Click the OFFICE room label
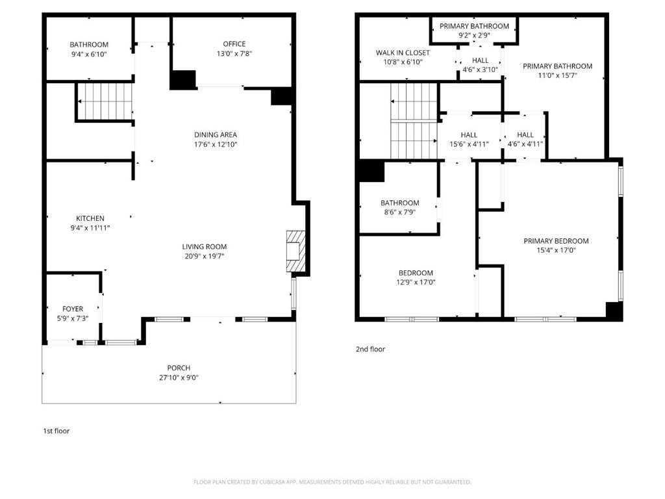[x=234, y=44]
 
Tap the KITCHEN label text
[x=90, y=218]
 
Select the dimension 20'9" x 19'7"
[x=204, y=256]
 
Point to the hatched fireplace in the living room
[x=295, y=251]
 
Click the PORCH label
[x=179, y=368]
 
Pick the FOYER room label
[x=73, y=309]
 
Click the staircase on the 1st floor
[x=105, y=101]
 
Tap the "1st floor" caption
[x=56, y=431]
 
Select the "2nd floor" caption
[x=370, y=349]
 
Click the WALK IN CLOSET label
[x=403, y=53]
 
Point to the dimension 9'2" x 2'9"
[x=474, y=36]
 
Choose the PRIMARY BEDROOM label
[x=556, y=241]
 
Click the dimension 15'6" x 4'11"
[x=469, y=144]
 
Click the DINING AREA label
[x=216, y=134]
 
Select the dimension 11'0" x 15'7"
[x=557, y=75]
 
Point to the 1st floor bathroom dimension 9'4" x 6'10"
[x=89, y=55]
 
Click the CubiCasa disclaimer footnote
[x=332, y=482]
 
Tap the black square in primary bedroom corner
[x=614, y=311]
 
